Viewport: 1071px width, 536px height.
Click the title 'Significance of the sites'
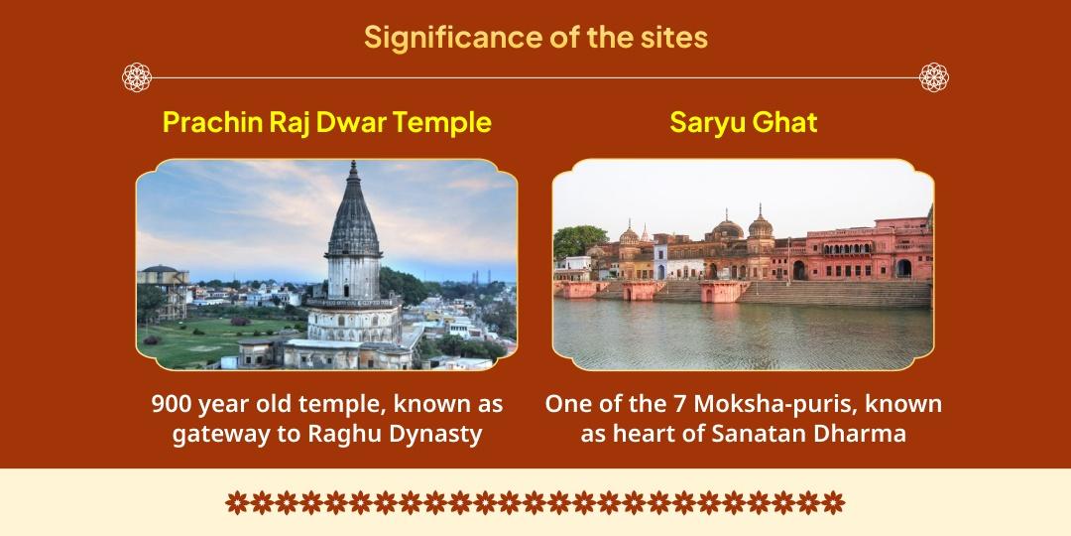535,37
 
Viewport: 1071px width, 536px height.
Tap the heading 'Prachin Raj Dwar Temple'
326,122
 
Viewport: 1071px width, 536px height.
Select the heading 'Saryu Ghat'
743,122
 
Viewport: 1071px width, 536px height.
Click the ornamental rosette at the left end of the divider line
136,76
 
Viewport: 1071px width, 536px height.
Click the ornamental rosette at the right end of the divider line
934,76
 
